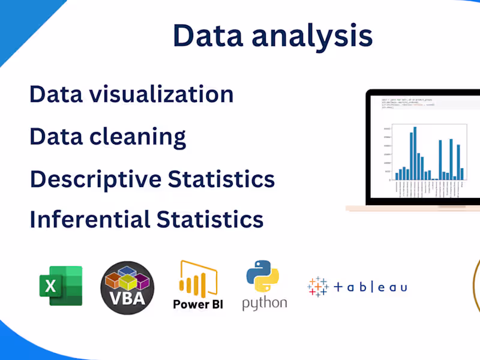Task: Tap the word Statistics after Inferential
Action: pyautogui.click(x=210, y=219)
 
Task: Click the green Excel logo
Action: pyautogui.click(x=61, y=286)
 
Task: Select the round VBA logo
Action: pyautogui.click(x=127, y=287)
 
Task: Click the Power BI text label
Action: pyautogui.click(x=198, y=304)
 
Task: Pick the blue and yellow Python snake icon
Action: pyautogui.click(x=263, y=276)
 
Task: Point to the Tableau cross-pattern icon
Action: pyautogui.click(x=318, y=287)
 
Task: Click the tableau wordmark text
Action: pyautogui.click(x=370, y=287)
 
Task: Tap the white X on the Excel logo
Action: pyautogui.click(x=50, y=286)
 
